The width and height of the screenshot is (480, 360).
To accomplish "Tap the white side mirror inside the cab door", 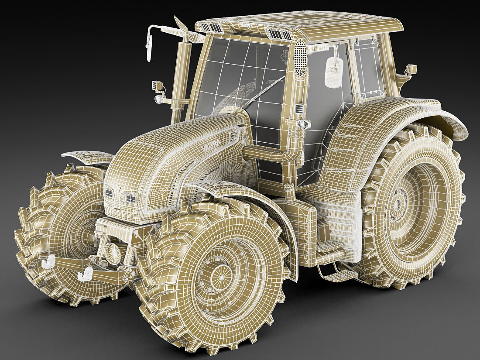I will tap(334, 72).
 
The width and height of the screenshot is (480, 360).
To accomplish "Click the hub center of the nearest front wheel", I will tap(217, 274).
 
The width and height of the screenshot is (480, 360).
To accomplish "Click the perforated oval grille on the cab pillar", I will tap(300, 58).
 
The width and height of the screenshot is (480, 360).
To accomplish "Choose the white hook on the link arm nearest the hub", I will tap(86, 274).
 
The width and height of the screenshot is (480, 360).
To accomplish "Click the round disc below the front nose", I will tap(114, 253).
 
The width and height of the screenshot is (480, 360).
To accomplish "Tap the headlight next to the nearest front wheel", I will tap(130, 199).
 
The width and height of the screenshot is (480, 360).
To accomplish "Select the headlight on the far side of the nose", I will tap(110, 192).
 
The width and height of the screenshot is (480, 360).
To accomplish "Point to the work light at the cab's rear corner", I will tap(411, 69).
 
